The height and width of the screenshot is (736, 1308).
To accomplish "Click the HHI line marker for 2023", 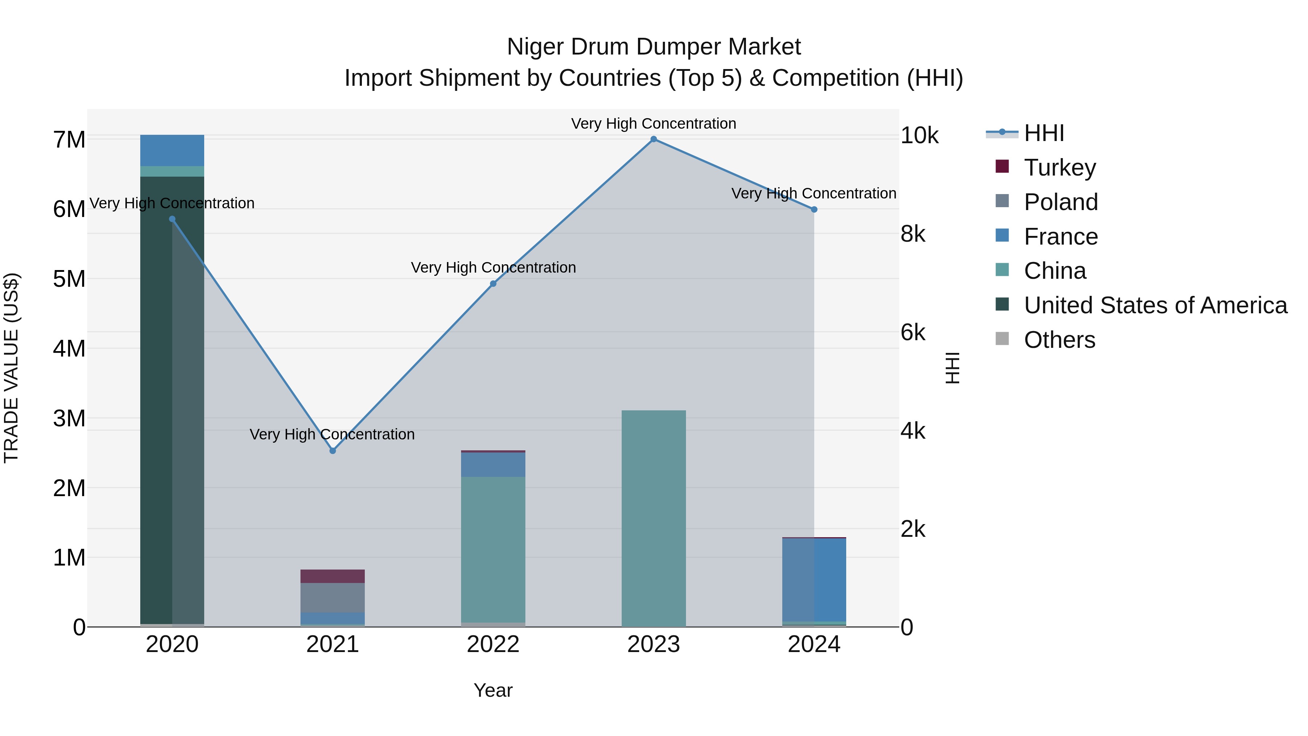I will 654,139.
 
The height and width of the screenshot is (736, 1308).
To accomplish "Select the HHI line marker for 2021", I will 332,451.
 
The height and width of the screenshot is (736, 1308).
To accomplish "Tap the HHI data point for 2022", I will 493,284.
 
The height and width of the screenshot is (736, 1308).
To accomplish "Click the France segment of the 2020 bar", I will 172,150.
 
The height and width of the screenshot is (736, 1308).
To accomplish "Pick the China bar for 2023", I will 654,518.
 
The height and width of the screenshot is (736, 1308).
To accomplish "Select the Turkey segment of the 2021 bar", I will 332,576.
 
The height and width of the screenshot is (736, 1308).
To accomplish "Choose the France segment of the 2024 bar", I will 814,579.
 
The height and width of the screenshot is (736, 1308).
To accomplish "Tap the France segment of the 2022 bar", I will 493,464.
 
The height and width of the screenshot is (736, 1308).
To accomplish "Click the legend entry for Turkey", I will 1060,168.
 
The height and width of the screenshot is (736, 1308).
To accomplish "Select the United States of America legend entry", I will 1155,305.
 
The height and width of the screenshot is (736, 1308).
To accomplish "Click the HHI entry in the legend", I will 1043,133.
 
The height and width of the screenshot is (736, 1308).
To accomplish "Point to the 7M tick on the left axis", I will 69,140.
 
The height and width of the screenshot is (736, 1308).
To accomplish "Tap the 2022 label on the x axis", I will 493,644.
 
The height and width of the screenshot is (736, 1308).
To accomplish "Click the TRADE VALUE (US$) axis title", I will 11,368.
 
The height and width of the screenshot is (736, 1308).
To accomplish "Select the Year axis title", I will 493,690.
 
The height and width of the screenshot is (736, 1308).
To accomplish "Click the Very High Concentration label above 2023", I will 654,124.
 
